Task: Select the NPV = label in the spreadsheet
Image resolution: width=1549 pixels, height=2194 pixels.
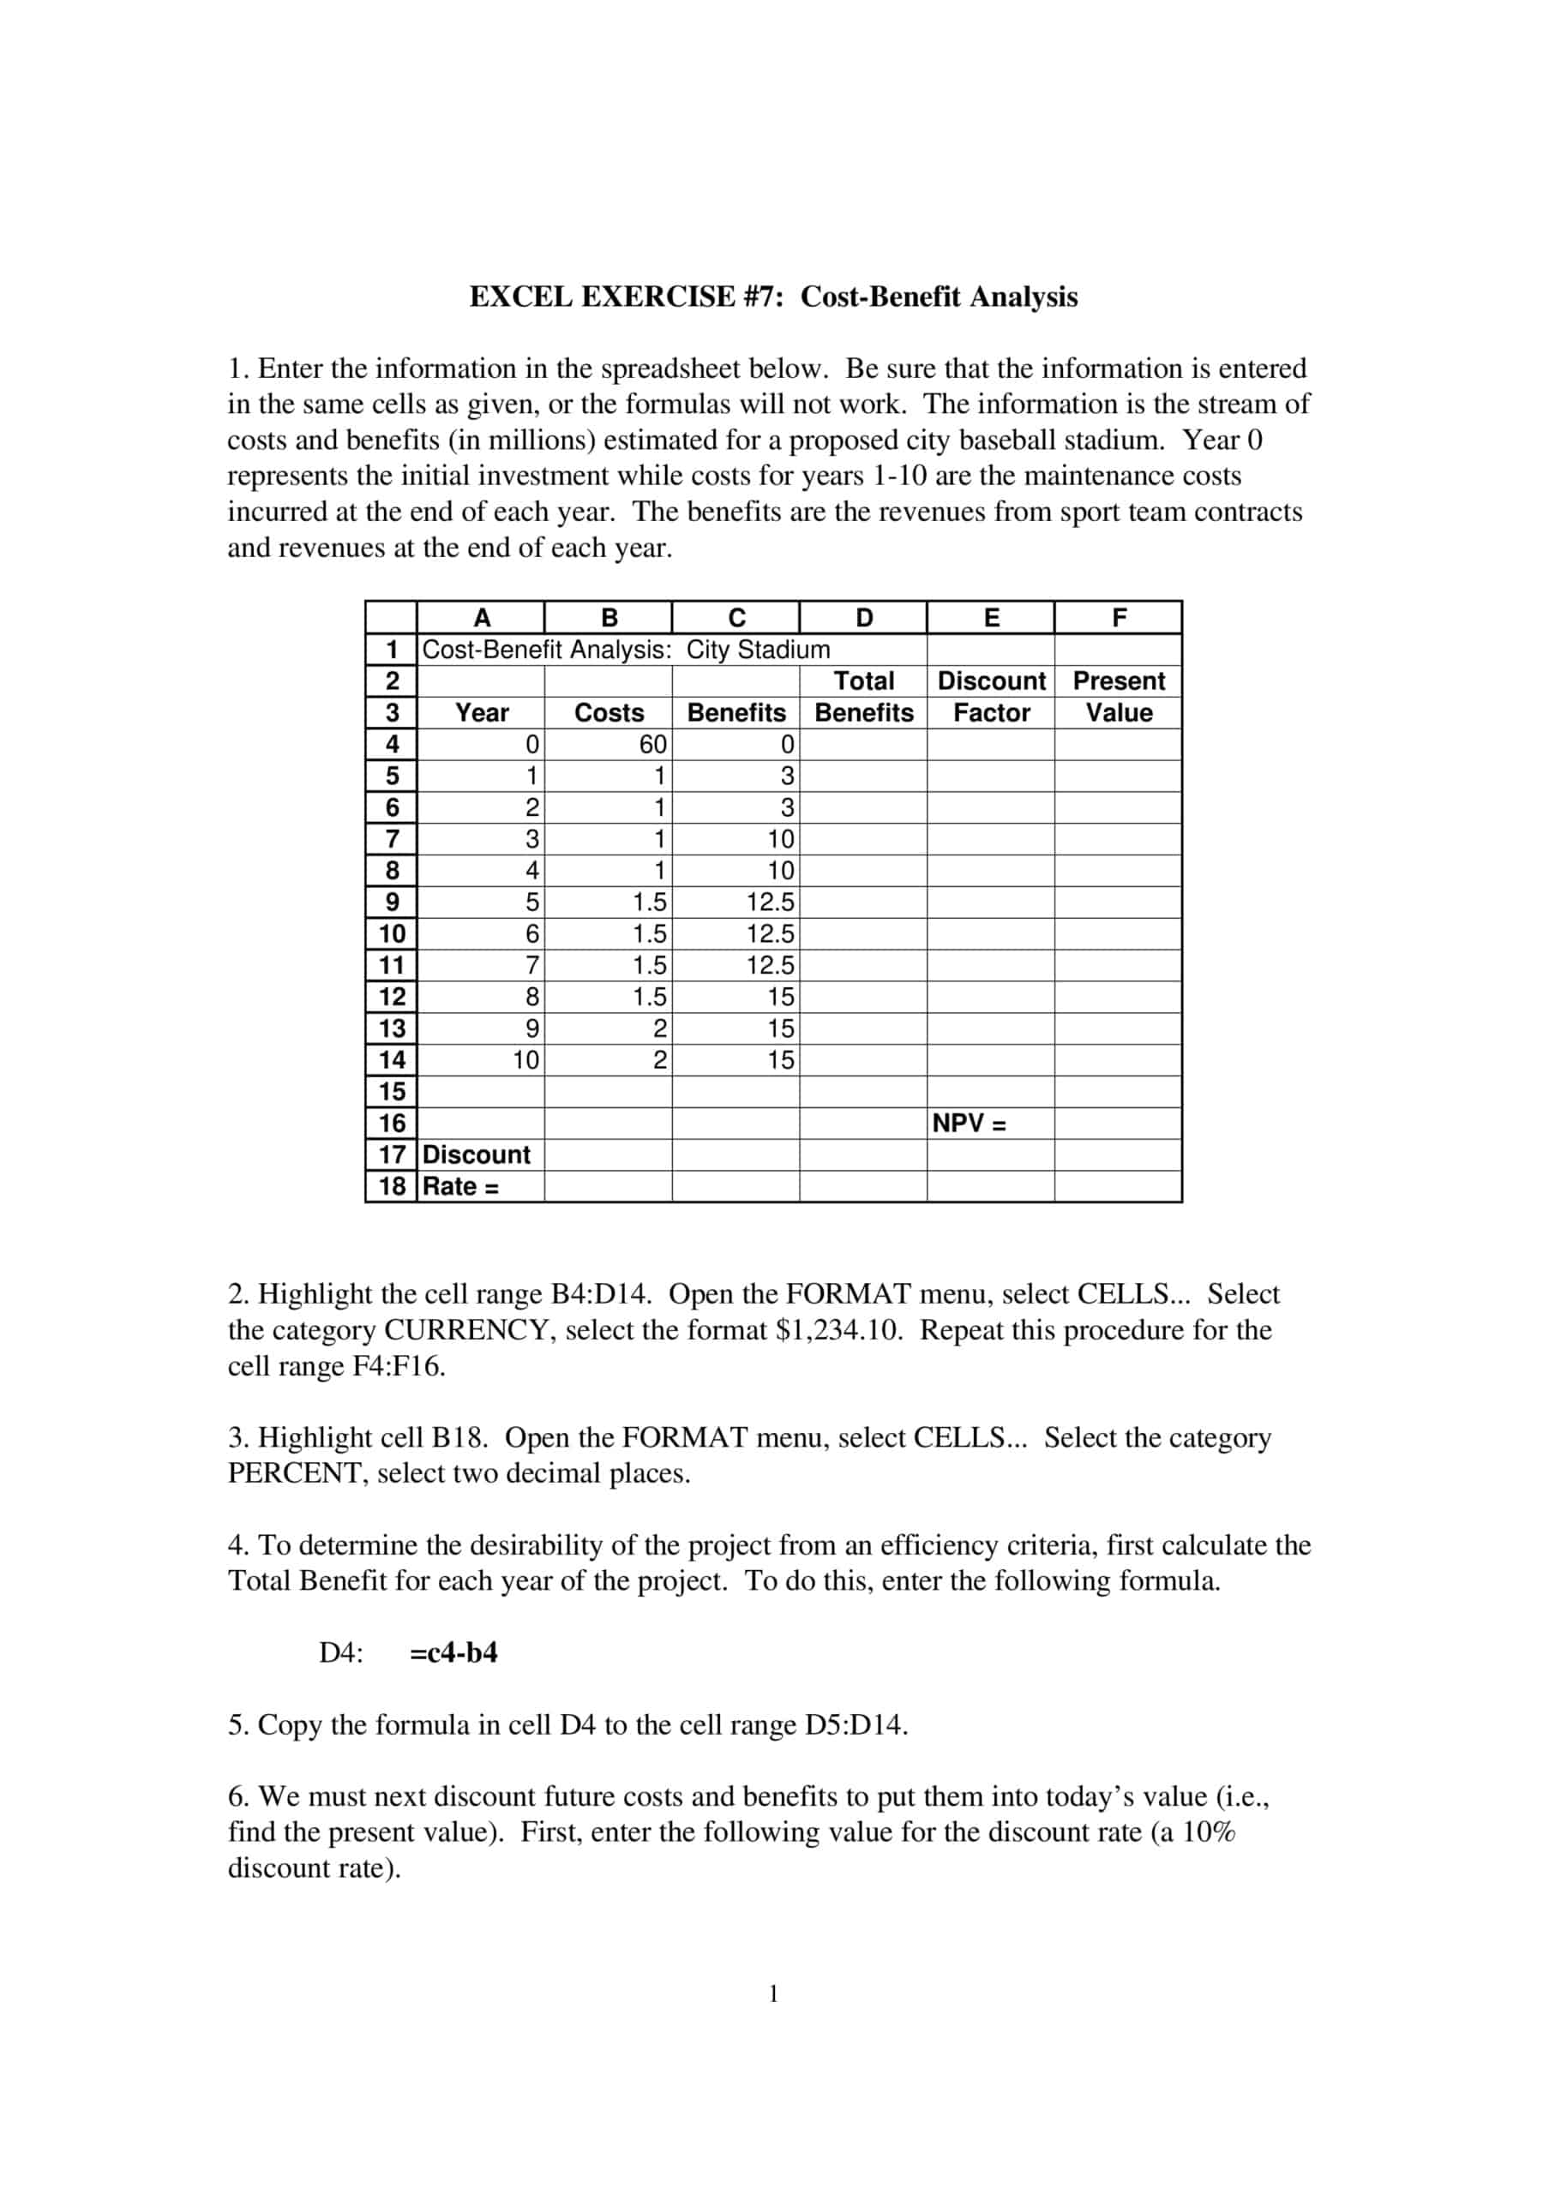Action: [x=969, y=1123]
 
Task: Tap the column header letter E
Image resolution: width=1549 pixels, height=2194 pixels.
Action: [x=991, y=617]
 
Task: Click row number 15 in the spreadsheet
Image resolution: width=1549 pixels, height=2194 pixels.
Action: [x=392, y=1091]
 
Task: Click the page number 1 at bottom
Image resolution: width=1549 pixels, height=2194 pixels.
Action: [x=773, y=1994]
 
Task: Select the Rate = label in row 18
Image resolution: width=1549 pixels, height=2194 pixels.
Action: [x=460, y=1186]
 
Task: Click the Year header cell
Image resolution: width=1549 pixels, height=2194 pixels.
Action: [x=482, y=712]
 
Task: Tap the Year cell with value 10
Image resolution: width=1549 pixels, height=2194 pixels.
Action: [x=525, y=1060]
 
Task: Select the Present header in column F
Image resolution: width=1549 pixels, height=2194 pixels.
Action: [x=1119, y=680]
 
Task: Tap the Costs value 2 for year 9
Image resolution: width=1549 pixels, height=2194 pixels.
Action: [x=658, y=1028]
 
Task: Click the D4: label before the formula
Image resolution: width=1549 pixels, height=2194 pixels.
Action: [x=341, y=1653]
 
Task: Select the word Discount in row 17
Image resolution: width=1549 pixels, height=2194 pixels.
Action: [x=476, y=1154]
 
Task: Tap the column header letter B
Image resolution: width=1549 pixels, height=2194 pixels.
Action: [x=609, y=617]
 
